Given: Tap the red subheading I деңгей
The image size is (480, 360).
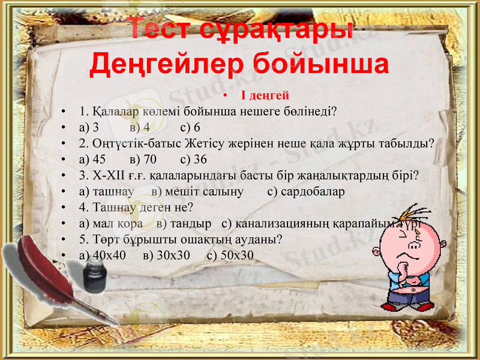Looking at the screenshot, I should click(265, 95).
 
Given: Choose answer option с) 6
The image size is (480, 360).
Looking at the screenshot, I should click(190, 127).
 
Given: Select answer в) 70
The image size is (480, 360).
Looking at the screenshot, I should click(143, 159).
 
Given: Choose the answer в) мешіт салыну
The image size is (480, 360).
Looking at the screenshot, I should click(197, 191).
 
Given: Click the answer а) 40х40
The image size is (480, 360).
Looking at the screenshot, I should click(102, 255).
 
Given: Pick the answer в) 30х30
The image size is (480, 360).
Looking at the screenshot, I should click(167, 255).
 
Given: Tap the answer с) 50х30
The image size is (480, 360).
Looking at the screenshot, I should click(230, 255).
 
